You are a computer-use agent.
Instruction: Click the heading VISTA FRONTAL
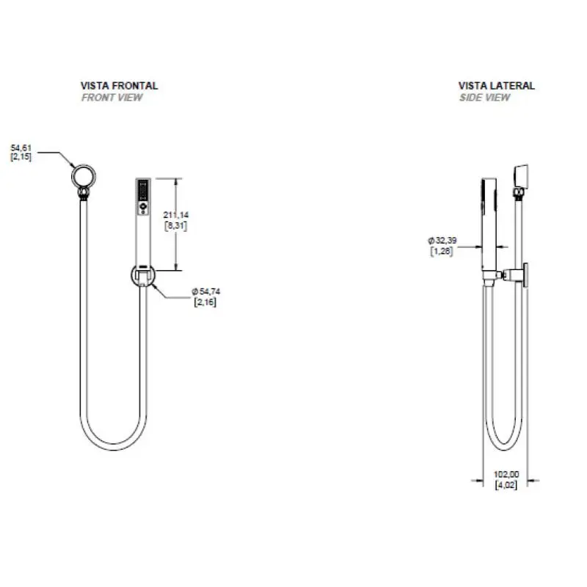(119, 86)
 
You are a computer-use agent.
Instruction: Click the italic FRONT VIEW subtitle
(112, 98)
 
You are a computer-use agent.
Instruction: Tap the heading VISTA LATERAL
(497, 86)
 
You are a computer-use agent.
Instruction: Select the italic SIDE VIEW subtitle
(485, 98)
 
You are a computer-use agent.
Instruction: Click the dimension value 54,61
(21, 148)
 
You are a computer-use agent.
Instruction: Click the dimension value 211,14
(176, 215)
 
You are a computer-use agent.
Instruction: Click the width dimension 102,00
(506, 474)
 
